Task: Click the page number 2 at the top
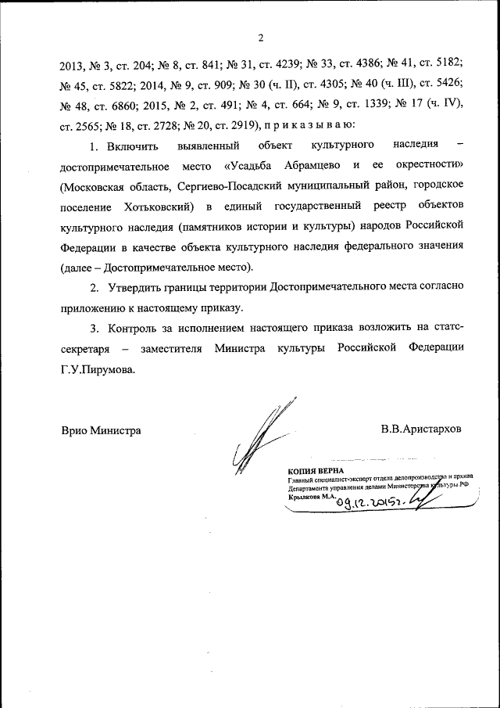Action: click(261, 37)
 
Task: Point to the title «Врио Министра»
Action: click(101, 429)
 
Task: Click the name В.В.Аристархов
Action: click(421, 429)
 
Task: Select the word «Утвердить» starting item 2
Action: click(138, 287)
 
